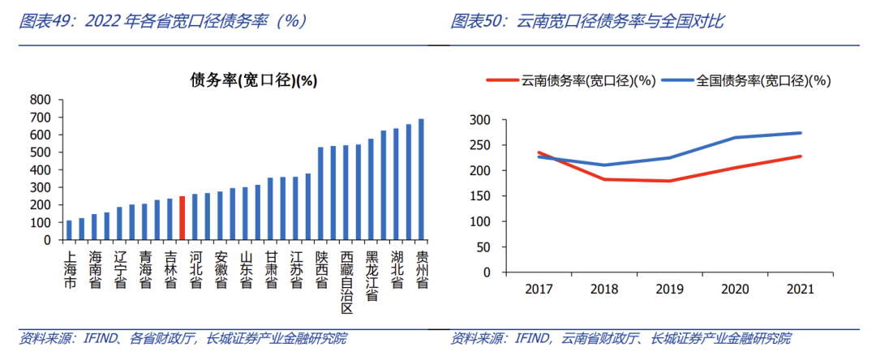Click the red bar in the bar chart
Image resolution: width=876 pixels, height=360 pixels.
(x=182, y=218)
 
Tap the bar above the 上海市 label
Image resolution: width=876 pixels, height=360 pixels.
(x=70, y=230)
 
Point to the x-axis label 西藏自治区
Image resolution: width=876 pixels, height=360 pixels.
(x=347, y=283)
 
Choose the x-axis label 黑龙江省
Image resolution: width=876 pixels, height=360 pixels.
(x=371, y=276)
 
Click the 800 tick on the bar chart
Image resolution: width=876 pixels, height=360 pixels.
(x=41, y=100)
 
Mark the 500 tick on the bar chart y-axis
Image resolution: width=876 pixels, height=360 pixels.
(x=41, y=152)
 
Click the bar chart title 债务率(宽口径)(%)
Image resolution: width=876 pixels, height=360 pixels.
(x=253, y=79)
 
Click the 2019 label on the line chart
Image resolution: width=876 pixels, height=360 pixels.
(x=670, y=289)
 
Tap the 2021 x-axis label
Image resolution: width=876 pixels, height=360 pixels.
(x=801, y=289)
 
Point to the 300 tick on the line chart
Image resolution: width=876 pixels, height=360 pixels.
(x=482, y=120)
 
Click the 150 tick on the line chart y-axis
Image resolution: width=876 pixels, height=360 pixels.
(x=482, y=196)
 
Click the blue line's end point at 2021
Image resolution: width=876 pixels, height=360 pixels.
(x=801, y=133)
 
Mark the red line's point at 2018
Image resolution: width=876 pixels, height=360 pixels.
(x=603, y=179)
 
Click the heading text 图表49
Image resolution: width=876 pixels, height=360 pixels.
(x=46, y=22)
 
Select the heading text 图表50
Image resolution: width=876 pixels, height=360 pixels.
(x=479, y=22)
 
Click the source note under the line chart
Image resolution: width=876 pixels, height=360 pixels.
(x=620, y=338)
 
